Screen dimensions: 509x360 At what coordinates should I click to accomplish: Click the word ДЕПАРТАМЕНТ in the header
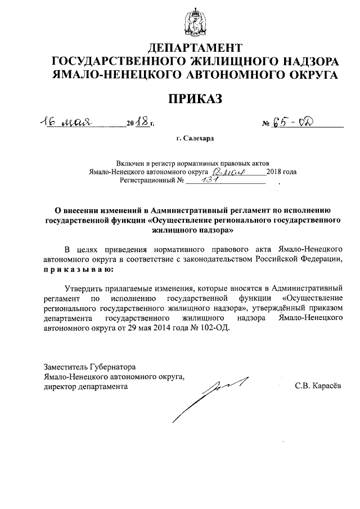point(195,47)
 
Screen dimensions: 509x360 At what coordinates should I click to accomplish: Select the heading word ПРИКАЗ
point(195,100)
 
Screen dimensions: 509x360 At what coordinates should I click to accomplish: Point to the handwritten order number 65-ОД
point(298,122)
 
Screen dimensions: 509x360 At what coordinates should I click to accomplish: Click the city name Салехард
point(198,138)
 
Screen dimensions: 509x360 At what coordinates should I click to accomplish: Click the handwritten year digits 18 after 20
point(142,122)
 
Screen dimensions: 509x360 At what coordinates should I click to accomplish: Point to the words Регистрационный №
point(152,181)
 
